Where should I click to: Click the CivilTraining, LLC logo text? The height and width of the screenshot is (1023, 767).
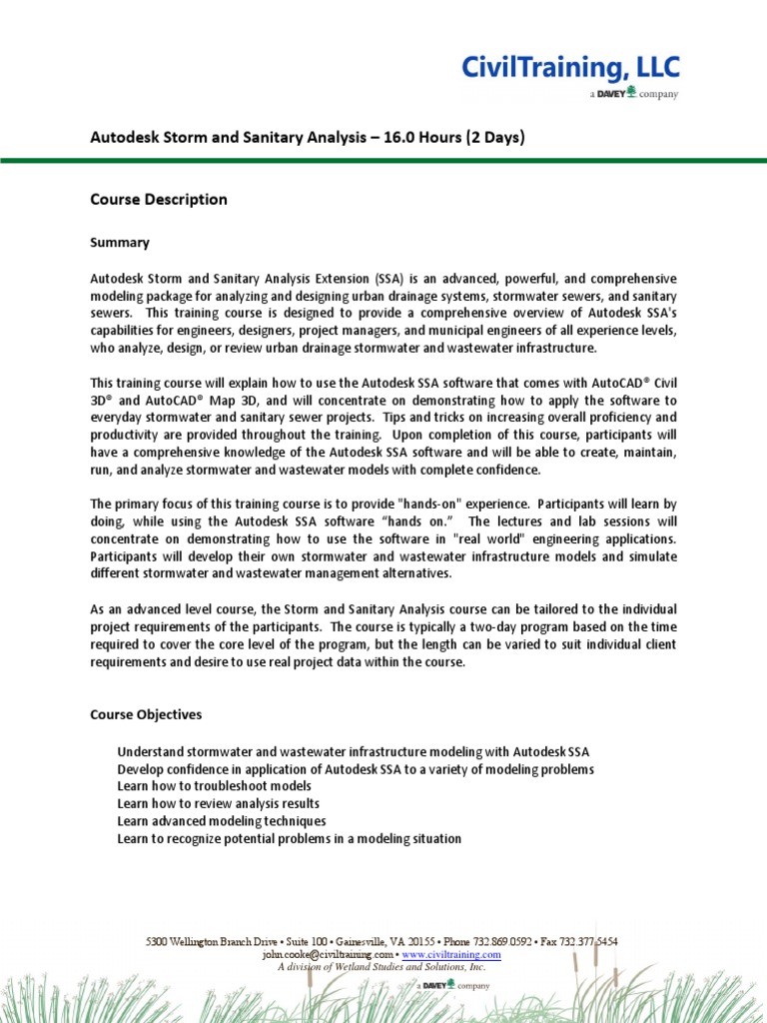point(569,68)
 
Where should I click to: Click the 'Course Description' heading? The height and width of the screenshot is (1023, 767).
point(159,200)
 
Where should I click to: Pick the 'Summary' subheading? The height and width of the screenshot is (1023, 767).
point(120,243)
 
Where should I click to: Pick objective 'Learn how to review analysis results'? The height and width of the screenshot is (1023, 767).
point(218,804)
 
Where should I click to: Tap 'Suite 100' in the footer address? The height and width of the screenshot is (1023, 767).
point(301,942)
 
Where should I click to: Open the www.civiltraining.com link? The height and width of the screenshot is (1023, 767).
point(451,955)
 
